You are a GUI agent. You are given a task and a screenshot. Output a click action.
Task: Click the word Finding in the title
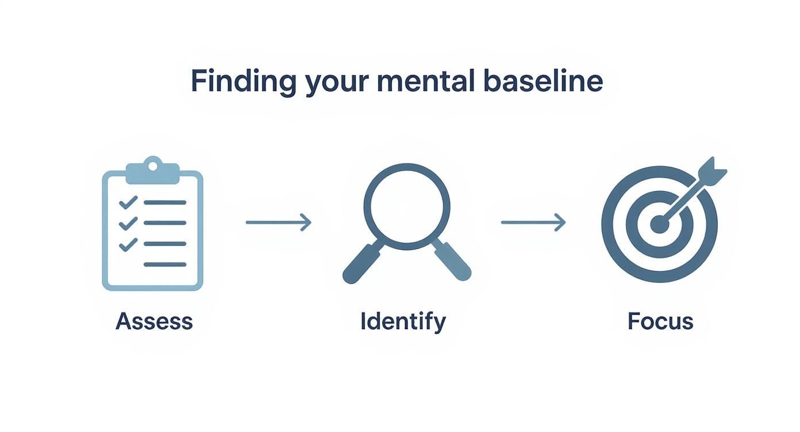(x=243, y=82)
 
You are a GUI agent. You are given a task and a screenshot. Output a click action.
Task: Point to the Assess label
(x=154, y=321)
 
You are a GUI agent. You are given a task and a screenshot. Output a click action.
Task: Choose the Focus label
(x=660, y=321)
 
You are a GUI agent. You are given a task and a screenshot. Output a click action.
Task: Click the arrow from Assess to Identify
(x=279, y=222)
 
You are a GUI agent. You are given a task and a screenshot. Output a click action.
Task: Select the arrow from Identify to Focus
(x=533, y=222)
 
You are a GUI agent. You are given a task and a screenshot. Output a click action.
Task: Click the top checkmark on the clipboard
(x=128, y=202)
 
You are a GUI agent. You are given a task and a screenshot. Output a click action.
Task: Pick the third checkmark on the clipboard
(x=128, y=244)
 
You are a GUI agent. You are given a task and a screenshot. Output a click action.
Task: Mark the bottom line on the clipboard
(x=165, y=264)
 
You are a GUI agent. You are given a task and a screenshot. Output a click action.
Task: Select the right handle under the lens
(x=452, y=262)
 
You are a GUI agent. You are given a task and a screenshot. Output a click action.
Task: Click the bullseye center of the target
(x=659, y=224)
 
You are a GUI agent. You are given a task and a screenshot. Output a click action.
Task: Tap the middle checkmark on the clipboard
(x=128, y=223)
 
